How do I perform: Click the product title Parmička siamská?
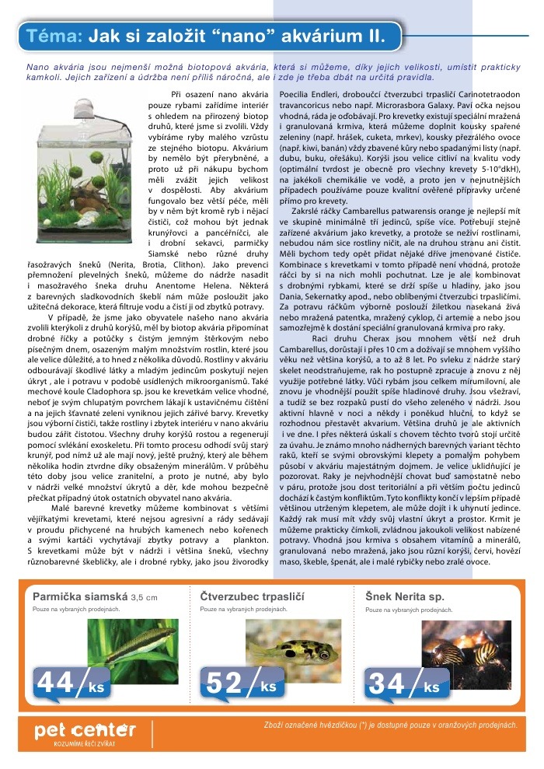coord(80,597)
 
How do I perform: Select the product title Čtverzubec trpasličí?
coord(249,597)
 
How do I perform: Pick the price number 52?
coord(223,683)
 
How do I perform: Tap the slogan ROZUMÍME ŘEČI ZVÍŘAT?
coord(85,744)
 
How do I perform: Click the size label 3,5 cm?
coord(145,598)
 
